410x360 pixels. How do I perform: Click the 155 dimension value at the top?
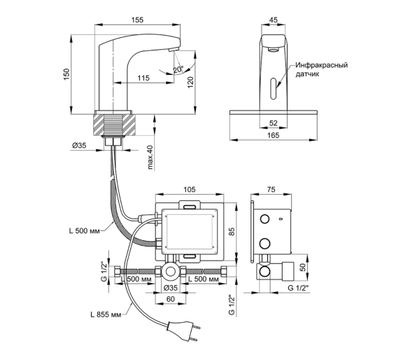(138, 20)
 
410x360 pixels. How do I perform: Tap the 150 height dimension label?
(66, 74)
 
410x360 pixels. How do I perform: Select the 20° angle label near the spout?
(178, 69)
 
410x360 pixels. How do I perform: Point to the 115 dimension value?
(143, 78)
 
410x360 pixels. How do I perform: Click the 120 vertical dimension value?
(190, 82)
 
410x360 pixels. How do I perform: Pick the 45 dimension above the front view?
(274, 20)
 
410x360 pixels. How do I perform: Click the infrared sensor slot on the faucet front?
(274, 89)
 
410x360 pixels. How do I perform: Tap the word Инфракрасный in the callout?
(322, 65)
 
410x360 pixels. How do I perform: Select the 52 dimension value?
(274, 123)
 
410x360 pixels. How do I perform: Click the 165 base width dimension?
(274, 135)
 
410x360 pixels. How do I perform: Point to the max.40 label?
(150, 157)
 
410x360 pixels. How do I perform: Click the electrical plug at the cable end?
(183, 331)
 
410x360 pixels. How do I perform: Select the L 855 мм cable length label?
(106, 314)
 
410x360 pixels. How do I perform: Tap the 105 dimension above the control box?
(190, 189)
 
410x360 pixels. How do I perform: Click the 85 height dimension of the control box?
(232, 231)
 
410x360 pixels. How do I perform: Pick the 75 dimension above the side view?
(271, 189)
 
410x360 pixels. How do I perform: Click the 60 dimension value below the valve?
(171, 299)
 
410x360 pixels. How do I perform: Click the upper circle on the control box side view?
(264, 219)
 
